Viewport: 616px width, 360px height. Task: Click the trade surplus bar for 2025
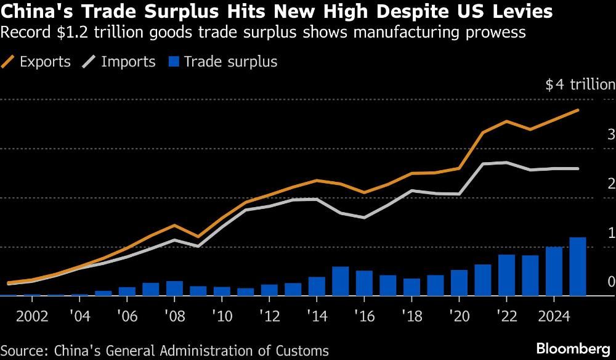click(x=577, y=267)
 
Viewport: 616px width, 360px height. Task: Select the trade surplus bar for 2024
click(x=554, y=271)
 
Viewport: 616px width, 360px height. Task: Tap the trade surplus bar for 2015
click(x=340, y=281)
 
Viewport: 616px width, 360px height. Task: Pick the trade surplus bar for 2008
click(x=174, y=288)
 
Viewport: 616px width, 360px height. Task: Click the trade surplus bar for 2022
click(x=506, y=275)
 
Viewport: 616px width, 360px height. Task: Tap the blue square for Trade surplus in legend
click(x=173, y=62)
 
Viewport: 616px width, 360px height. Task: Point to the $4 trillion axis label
click(x=580, y=85)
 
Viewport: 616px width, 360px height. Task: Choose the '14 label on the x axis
click(x=316, y=317)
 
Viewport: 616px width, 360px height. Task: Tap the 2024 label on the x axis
click(x=553, y=317)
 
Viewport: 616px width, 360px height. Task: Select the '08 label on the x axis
click(x=174, y=317)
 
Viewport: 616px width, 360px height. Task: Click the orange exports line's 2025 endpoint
click(x=577, y=110)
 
